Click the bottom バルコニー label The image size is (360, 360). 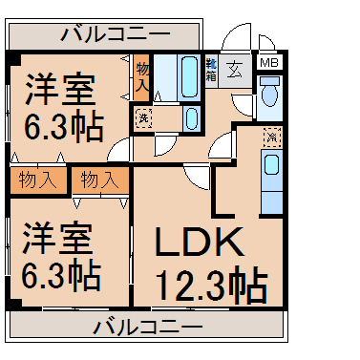[148, 328]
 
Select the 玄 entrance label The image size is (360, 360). [235, 70]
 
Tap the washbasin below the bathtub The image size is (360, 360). [190, 118]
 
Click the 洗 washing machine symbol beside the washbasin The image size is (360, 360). [143, 118]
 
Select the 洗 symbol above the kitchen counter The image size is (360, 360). [272, 138]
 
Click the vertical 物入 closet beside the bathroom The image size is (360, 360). [142, 75]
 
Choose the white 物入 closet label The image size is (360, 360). [99, 179]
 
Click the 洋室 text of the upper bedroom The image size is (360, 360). [59, 93]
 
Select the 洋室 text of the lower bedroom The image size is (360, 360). [59, 234]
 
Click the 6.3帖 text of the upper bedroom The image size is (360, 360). [60, 129]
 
